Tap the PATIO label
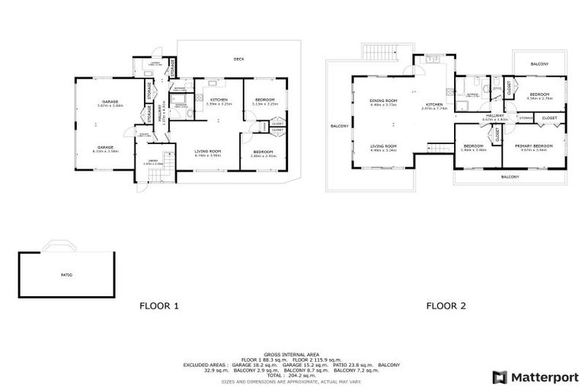click(x=67, y=274)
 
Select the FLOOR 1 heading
click(x=158, y=307)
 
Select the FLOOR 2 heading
click(x=445, y=307)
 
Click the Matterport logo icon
click(x=499, y=376)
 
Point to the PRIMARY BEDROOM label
click(x=534, y=146)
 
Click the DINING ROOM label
click(x=383, y=101)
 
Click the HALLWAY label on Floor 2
click(x=494, y=117)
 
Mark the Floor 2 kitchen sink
click(x=431, y=59)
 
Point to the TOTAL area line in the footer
click(x=292, y=376)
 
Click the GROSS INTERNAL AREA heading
click(x=292, y=355)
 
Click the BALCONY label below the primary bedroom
click(x=510, y=177)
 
